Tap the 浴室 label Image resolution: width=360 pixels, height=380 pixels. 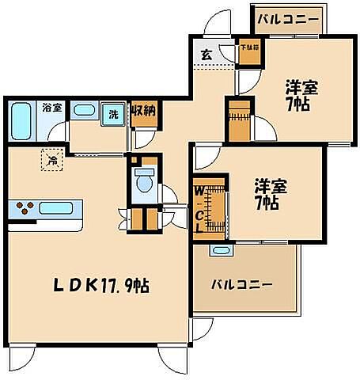pos(53,106)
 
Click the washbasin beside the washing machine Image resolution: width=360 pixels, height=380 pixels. pos(85,111)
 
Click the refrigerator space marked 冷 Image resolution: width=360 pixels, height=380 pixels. pos(51,161)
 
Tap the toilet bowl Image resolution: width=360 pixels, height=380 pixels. pos(144,181)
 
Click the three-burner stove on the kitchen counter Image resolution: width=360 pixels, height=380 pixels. pos(27,210)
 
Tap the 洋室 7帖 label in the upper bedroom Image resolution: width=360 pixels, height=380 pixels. pos(301,97)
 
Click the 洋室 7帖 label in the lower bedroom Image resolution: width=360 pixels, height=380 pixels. pos(270,195)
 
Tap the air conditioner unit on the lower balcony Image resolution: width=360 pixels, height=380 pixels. pos(219,250)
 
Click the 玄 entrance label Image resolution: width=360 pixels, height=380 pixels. pos(205,55)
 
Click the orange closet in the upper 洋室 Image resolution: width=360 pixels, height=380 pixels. pos(237,119)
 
